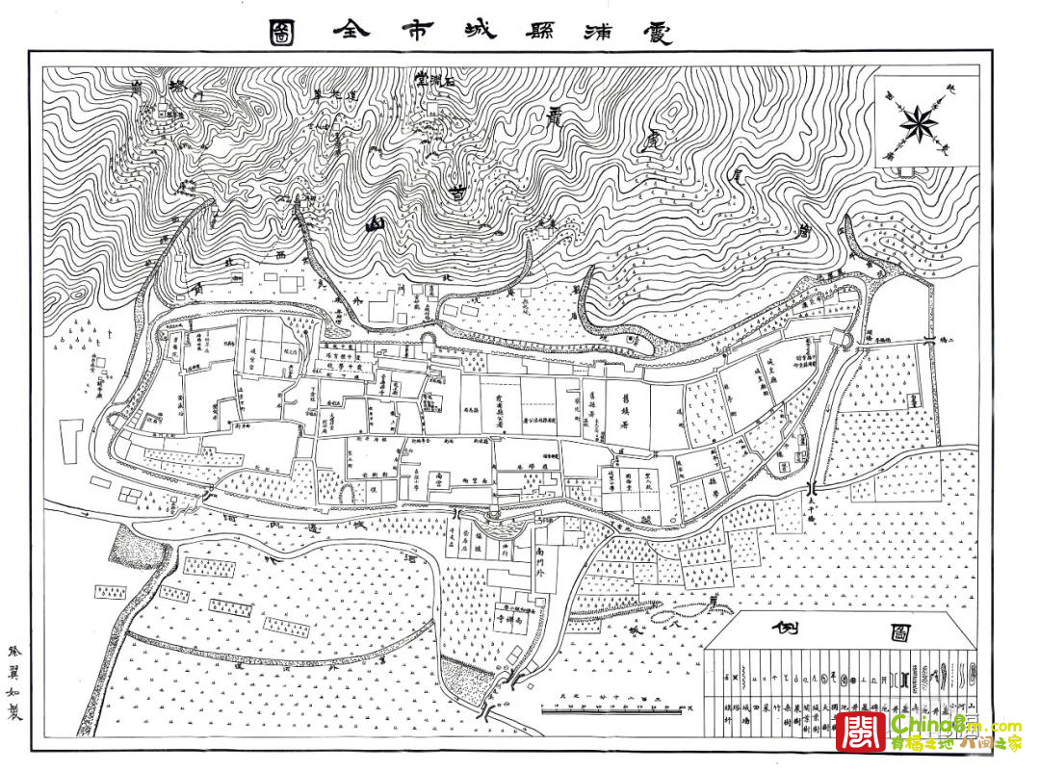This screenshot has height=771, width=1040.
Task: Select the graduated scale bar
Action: click(616, 708)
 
